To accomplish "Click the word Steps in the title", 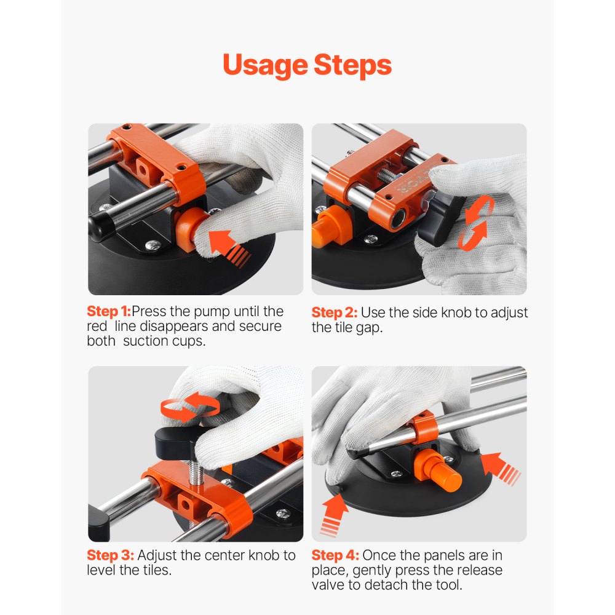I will click(352, 65).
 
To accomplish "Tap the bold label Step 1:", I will click(109, 311).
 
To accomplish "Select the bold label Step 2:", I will click(333, 312).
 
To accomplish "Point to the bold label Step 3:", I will click(109, 555).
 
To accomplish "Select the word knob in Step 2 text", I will click(451, 312).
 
